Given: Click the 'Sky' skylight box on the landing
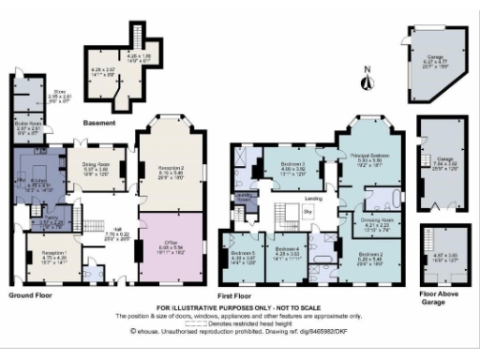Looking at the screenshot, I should point(307,214).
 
